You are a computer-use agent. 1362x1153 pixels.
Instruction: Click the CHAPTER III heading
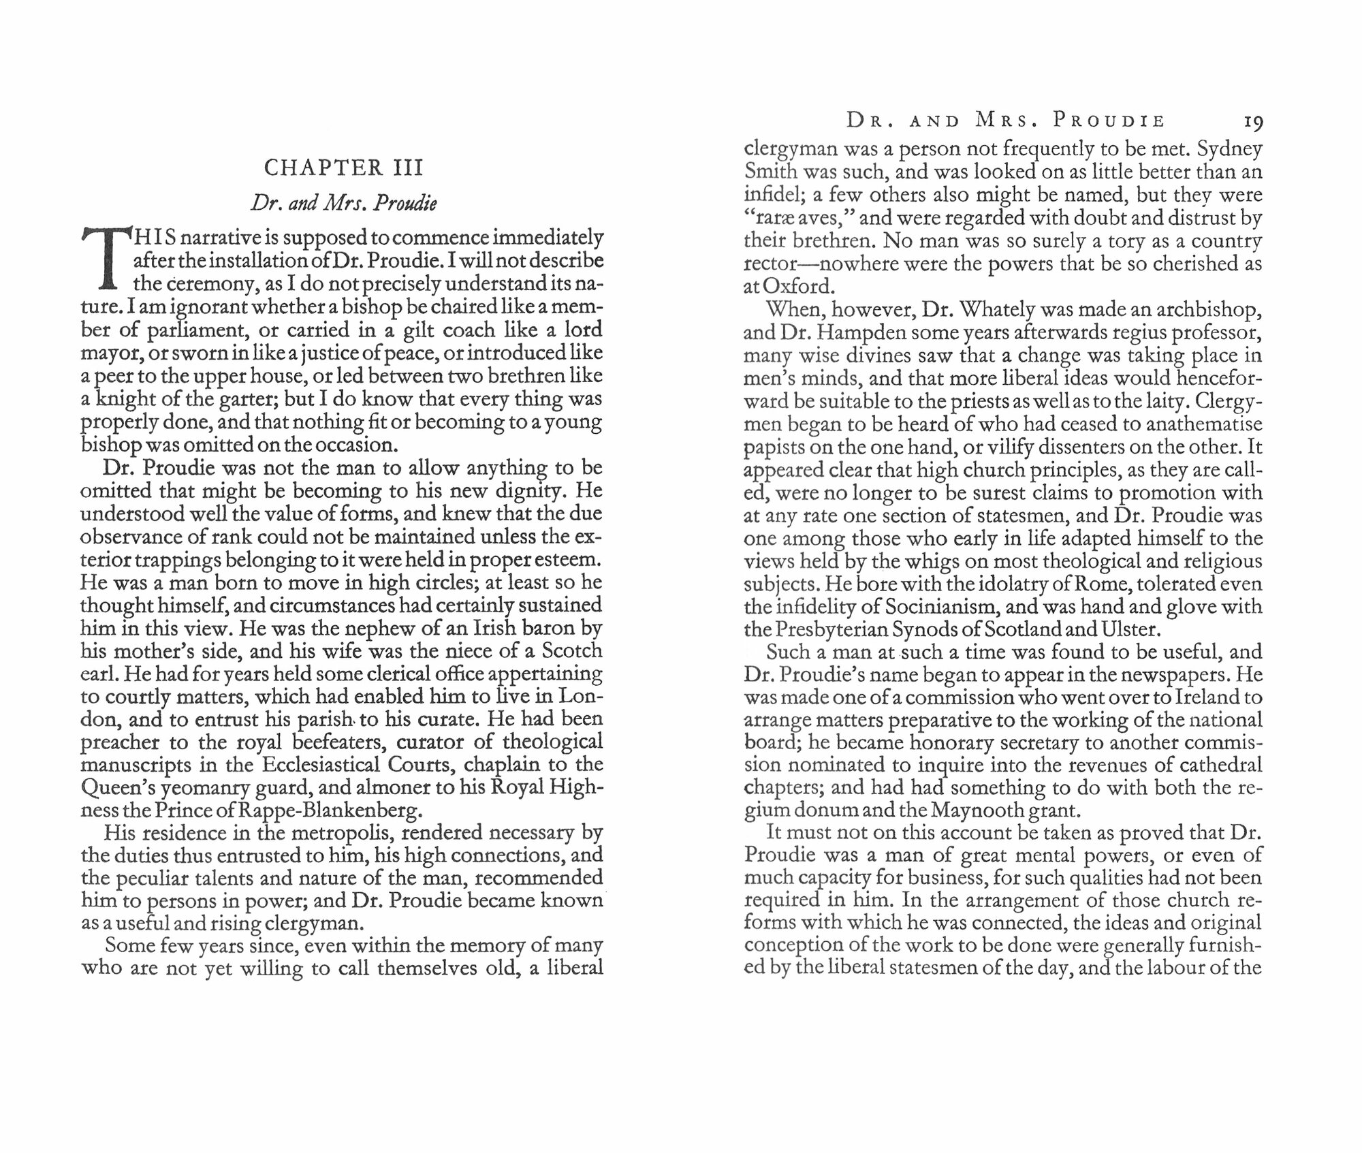coord(344,168)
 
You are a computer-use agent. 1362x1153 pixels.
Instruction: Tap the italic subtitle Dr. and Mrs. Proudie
coord(344,204)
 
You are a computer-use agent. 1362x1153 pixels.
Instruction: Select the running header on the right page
coord(1005,121)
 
